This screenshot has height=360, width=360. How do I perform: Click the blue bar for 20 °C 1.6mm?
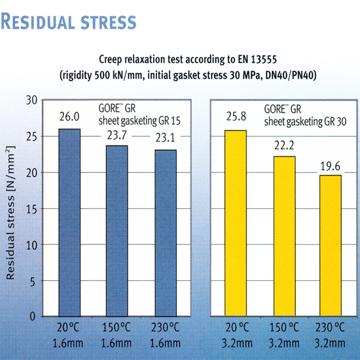70,223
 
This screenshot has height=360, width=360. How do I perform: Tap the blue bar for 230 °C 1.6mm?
164,233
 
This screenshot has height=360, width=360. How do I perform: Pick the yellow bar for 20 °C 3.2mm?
235,223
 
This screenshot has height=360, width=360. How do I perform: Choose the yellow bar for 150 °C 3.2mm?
283,236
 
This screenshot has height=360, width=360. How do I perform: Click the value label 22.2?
283,147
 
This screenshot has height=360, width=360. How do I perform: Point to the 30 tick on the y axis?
30,100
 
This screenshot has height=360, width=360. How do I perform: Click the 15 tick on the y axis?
30,208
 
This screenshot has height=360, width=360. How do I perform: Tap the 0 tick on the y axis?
33,316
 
